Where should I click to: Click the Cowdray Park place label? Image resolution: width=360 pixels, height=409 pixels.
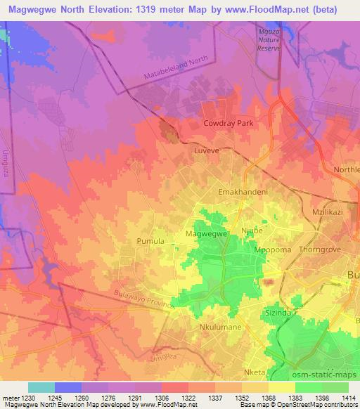tap(228, 123)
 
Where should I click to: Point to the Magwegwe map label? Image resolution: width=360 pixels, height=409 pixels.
tap(205, 233)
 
